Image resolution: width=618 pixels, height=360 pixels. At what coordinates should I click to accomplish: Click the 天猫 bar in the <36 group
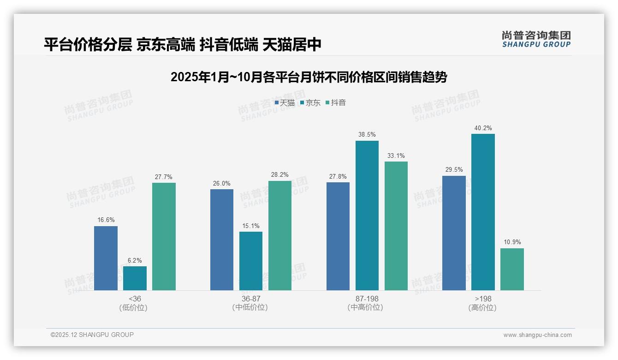pyautogui.click(x=106, y=258)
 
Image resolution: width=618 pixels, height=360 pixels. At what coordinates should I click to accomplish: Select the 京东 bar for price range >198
pyautogui.click(x=483, y=212)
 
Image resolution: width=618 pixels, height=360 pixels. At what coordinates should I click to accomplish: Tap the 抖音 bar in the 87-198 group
pyautogui.click(x=396, y=226)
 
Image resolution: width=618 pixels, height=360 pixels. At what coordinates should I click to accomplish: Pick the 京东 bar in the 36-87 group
pyautogui.click(x=251, y=261)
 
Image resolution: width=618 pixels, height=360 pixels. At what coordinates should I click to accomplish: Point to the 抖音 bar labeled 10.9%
pyautogui.click(x=512, y=269)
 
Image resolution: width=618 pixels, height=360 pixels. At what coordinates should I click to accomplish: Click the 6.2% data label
pyautogui.click(x=135, y=260)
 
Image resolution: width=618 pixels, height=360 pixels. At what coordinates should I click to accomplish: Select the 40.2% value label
pyautogui.click(x=483, y=128)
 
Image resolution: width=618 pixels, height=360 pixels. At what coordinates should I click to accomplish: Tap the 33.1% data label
pyautogui.click(x=396, y=156)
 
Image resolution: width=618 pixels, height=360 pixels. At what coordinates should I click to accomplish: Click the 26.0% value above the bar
pyautogui.click(x=222, y=183)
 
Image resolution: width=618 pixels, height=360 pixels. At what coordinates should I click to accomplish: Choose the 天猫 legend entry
pyautogui.click(x=285, y=102)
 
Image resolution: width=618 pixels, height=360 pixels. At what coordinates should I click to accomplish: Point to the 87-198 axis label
pyautogui.click(x=367, y=299)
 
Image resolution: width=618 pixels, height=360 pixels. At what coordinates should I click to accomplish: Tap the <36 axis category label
pyautogui.click(x=135, y=299)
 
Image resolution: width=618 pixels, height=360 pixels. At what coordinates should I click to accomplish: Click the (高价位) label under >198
pyautogui.click(x=483, y=307)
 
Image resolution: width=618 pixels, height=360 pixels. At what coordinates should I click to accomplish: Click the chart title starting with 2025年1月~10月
pyautogui.click(x=309, y=77)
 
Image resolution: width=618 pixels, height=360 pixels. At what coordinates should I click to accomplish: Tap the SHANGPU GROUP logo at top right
pyautogui.click(x=536, y=39)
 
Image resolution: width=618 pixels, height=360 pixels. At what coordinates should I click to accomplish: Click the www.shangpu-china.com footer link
pyautogui.click(x=537, y=335)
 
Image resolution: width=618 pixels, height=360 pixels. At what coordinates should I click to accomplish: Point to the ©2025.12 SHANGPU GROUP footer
pyautogui.click(x=92, y=335)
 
